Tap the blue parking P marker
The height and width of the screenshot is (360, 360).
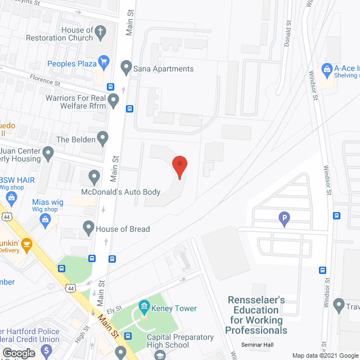(x=284, y=218)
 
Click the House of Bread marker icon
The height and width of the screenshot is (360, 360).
(x=88, y=228)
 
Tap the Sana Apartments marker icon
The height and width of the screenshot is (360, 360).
(x=126, y=69)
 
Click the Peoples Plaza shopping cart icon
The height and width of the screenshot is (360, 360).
(x=103, y=63)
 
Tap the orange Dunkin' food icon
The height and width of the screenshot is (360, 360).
(x=26, y=244)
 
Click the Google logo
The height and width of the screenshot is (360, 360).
(x=19, y=353)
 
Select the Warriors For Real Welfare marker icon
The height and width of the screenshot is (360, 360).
(x=114, y=101)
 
